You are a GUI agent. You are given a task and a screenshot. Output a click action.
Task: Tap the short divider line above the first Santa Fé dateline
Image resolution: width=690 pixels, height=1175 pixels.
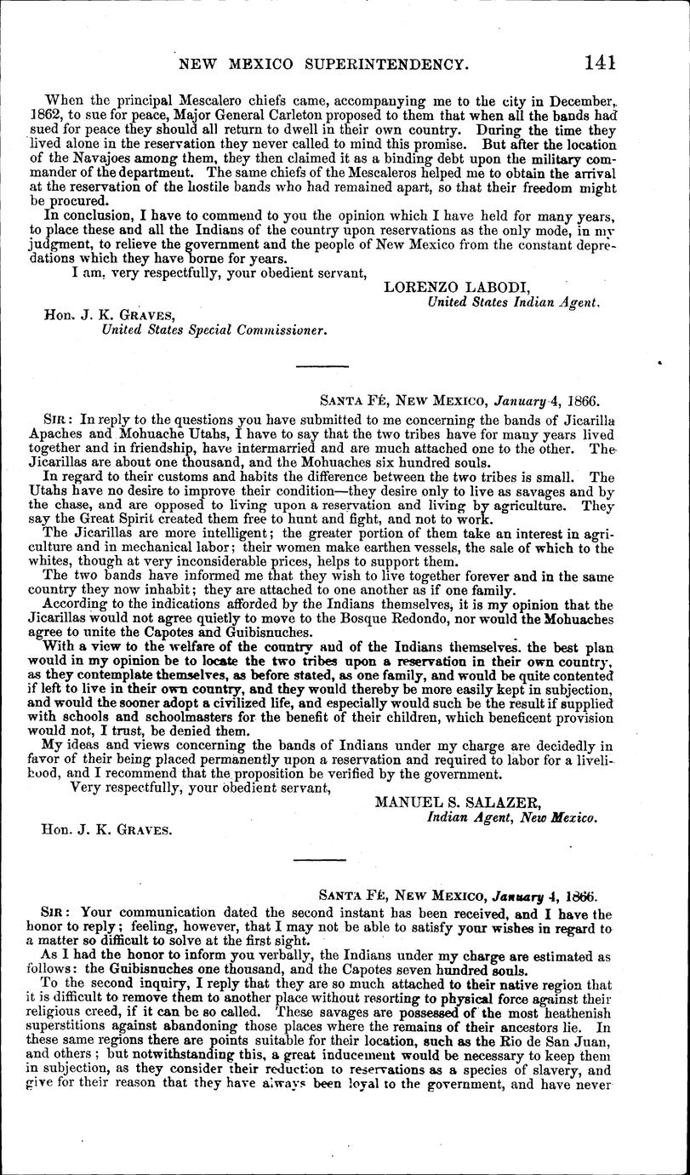tap(321, 367)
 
